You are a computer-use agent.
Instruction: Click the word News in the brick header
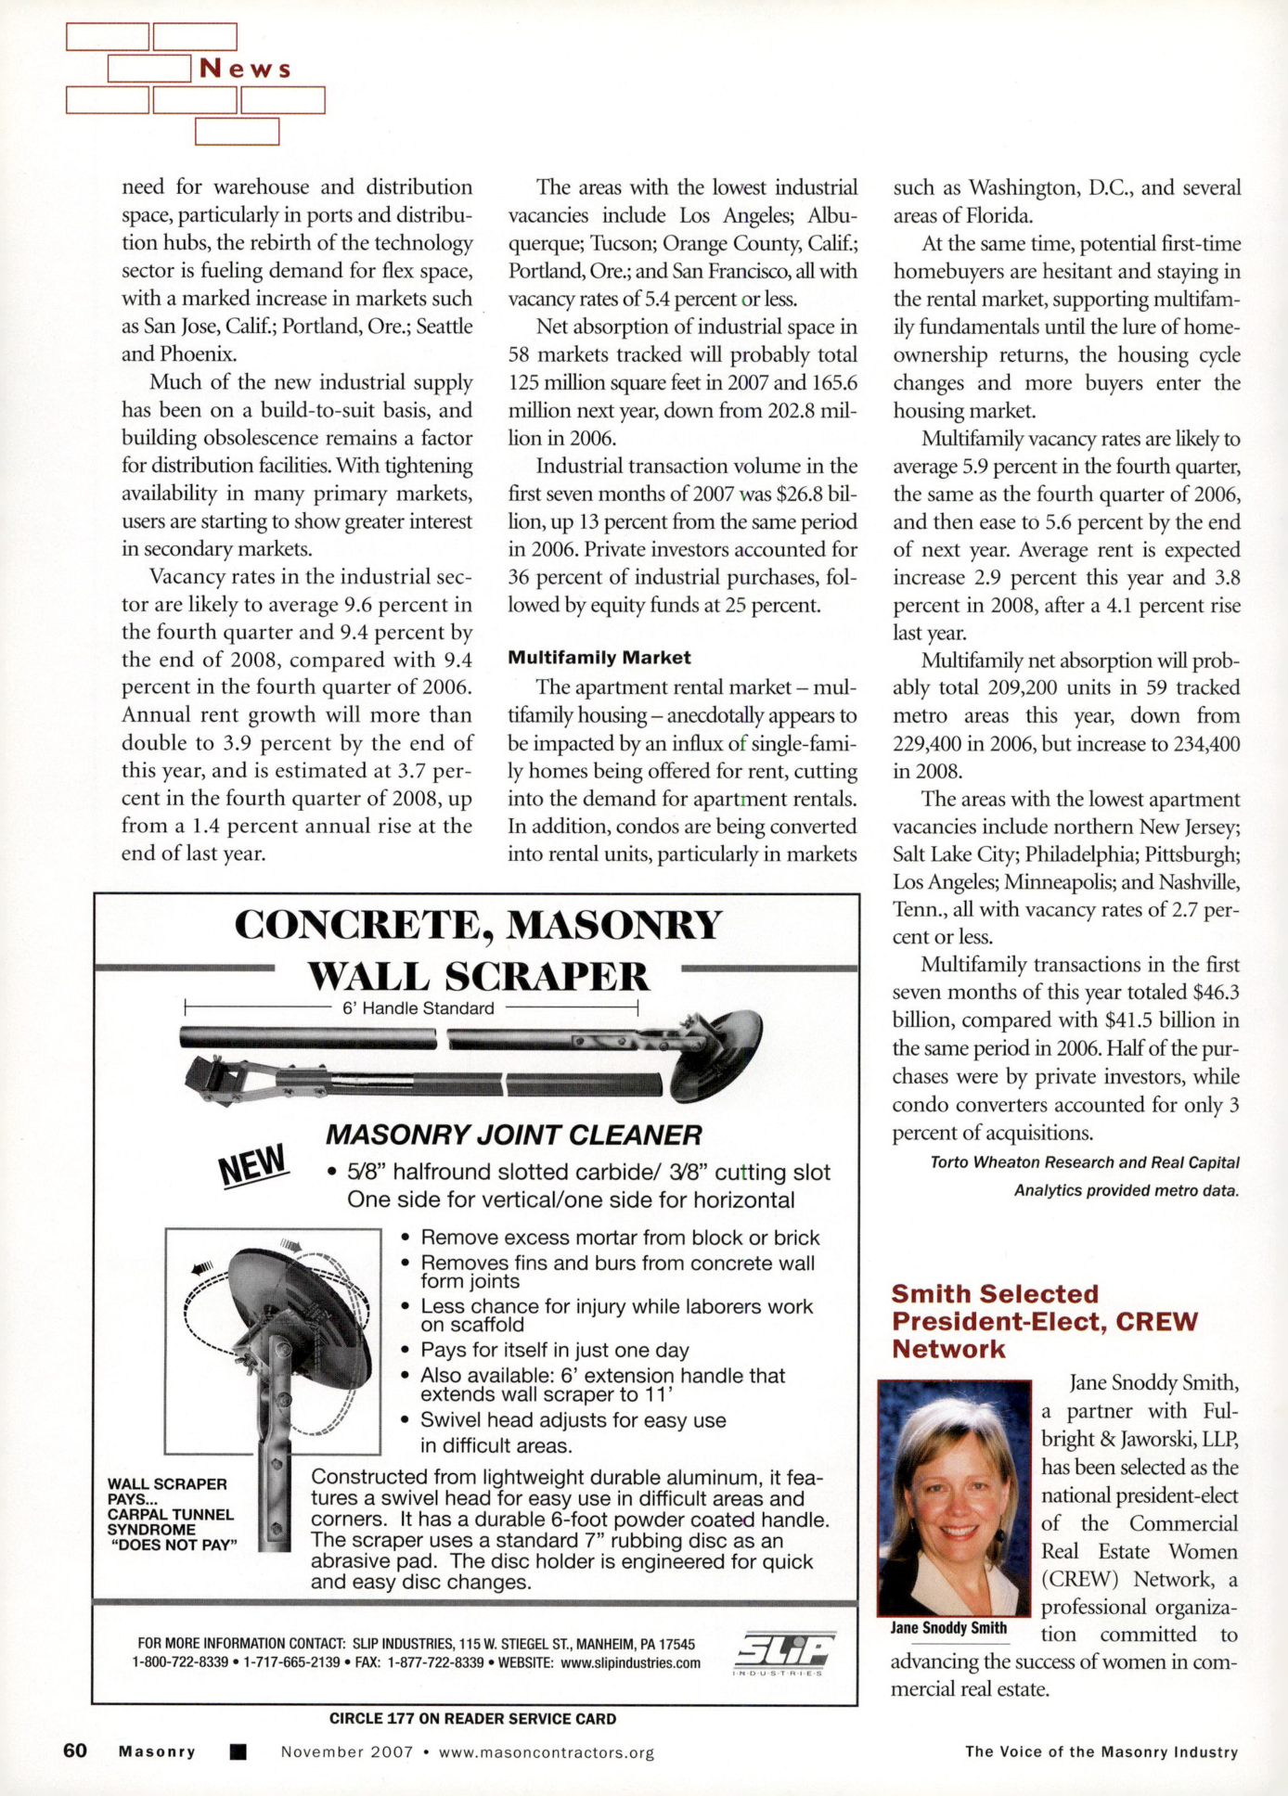(245, 70)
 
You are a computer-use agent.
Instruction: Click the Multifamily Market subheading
(599, 658)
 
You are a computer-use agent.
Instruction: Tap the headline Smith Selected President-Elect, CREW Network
(1044, 1321)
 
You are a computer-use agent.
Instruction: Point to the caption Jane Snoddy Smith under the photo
(948, 1628)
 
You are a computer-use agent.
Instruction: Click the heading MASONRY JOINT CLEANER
(513, 1135)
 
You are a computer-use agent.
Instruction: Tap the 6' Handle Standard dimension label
(418, 1008)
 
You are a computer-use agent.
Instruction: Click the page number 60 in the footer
(75, 1751)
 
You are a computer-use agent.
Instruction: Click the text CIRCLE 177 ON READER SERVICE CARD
(472, 1719)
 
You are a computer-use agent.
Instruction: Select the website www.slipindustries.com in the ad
(630, 1662)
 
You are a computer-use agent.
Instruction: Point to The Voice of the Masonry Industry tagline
(1101, 1751)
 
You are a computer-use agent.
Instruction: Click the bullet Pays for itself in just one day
(554, 1350)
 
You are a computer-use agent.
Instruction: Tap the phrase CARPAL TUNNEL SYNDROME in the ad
(170, 1521)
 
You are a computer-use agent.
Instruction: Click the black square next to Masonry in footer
(238, 1752)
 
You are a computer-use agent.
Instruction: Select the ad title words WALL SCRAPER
(478, 976)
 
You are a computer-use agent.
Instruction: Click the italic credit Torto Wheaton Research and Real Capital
(1084, 1162)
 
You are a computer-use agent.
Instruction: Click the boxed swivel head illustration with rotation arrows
(273, 1341)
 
